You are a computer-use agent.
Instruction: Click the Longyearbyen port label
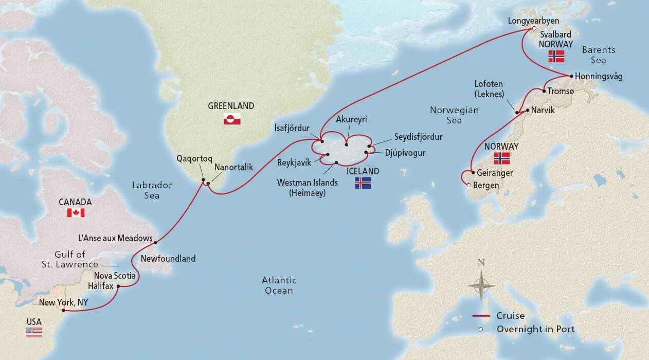coord(533,21)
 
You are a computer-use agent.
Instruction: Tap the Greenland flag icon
coord(231,120)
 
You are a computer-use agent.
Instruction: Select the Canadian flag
coord(76,212)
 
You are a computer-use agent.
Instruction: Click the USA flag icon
coord(34,332)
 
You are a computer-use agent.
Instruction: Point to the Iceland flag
coord(363,183)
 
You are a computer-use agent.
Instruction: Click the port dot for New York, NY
coord(63,310)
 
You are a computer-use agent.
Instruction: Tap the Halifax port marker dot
coord(118,286)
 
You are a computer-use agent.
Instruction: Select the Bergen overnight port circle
coord(467,185)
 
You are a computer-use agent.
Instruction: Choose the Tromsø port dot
coord(544,91)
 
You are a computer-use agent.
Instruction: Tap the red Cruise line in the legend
coord(481,316)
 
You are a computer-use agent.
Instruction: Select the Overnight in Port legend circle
coord(481,329)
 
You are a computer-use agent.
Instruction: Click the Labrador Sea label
coord(152,190)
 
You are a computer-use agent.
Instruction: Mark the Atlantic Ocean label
coord(279,285)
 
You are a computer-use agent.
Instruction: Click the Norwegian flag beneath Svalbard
coord(556,57)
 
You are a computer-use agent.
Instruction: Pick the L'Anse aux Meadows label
coord(115,238)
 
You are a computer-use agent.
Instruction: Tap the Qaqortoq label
coord(194,159)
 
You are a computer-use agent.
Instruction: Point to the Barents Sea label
coord(599,55)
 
